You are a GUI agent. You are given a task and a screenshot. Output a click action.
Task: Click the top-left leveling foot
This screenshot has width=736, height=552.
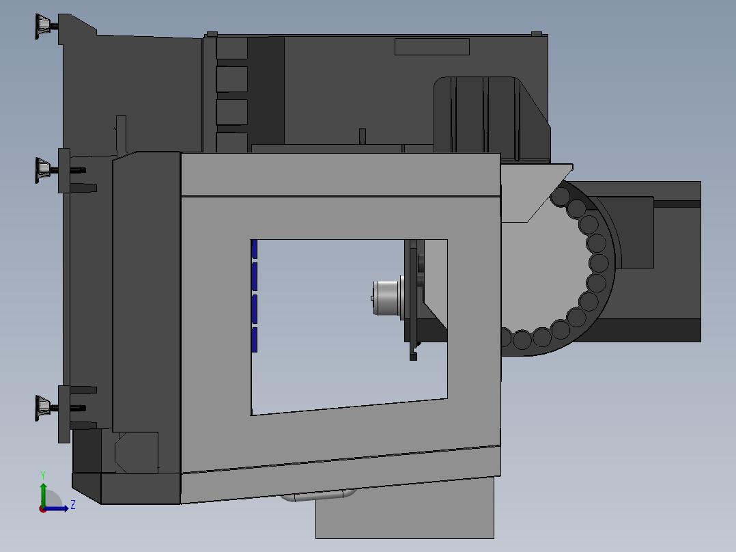point(42,25)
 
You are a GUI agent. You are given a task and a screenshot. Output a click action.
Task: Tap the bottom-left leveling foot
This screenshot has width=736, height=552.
point(42,407)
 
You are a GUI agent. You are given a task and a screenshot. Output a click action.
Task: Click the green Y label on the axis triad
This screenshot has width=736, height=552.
point(42,473)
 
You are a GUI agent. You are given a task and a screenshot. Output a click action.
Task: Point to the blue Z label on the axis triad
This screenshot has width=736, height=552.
point(72,506)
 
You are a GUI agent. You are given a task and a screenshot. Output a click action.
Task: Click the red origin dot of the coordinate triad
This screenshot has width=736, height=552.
point(43,508)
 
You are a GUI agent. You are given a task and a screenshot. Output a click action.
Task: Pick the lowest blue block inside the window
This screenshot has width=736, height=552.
point(254,340)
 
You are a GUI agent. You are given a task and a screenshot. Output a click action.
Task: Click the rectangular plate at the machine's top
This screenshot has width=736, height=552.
point(431,46)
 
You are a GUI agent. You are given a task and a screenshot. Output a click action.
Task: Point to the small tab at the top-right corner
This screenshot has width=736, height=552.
point(537,33)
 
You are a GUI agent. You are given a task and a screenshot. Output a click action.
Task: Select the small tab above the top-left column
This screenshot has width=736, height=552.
point(211,33)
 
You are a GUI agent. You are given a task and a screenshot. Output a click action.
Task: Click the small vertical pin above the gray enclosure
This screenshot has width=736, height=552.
point(363,135)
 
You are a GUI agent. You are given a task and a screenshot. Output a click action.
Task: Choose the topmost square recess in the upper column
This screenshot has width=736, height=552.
point(231,48)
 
